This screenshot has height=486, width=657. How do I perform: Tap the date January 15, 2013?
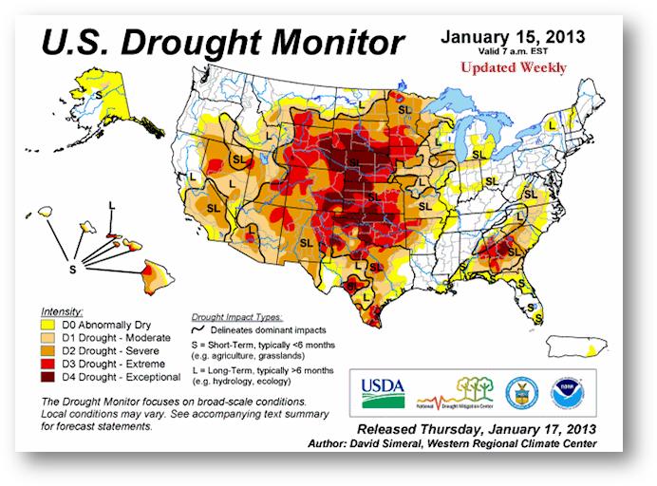pos(512,37)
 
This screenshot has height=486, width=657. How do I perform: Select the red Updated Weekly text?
pos(514,67)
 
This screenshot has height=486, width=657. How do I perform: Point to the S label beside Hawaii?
pos(71,269)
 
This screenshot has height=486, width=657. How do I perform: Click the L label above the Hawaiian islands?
pos(112,205)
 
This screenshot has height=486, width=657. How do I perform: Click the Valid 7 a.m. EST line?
pos(512,52)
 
